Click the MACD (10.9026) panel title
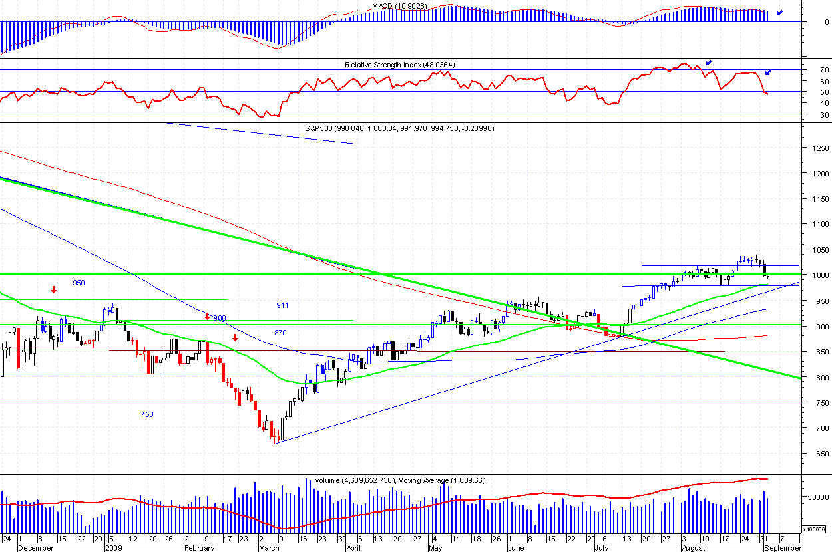point(399,6)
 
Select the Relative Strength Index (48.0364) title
point(399,65)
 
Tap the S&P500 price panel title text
point(399,128)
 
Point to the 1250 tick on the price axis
point(815,148)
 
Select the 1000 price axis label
point(815,275)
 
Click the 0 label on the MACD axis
point(827,22)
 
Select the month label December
point(35,548)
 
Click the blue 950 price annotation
point(79,283)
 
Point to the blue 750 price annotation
point(146,414)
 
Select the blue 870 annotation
point(281,332)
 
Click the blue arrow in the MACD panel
point(780,13)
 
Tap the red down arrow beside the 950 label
point(53,289)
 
